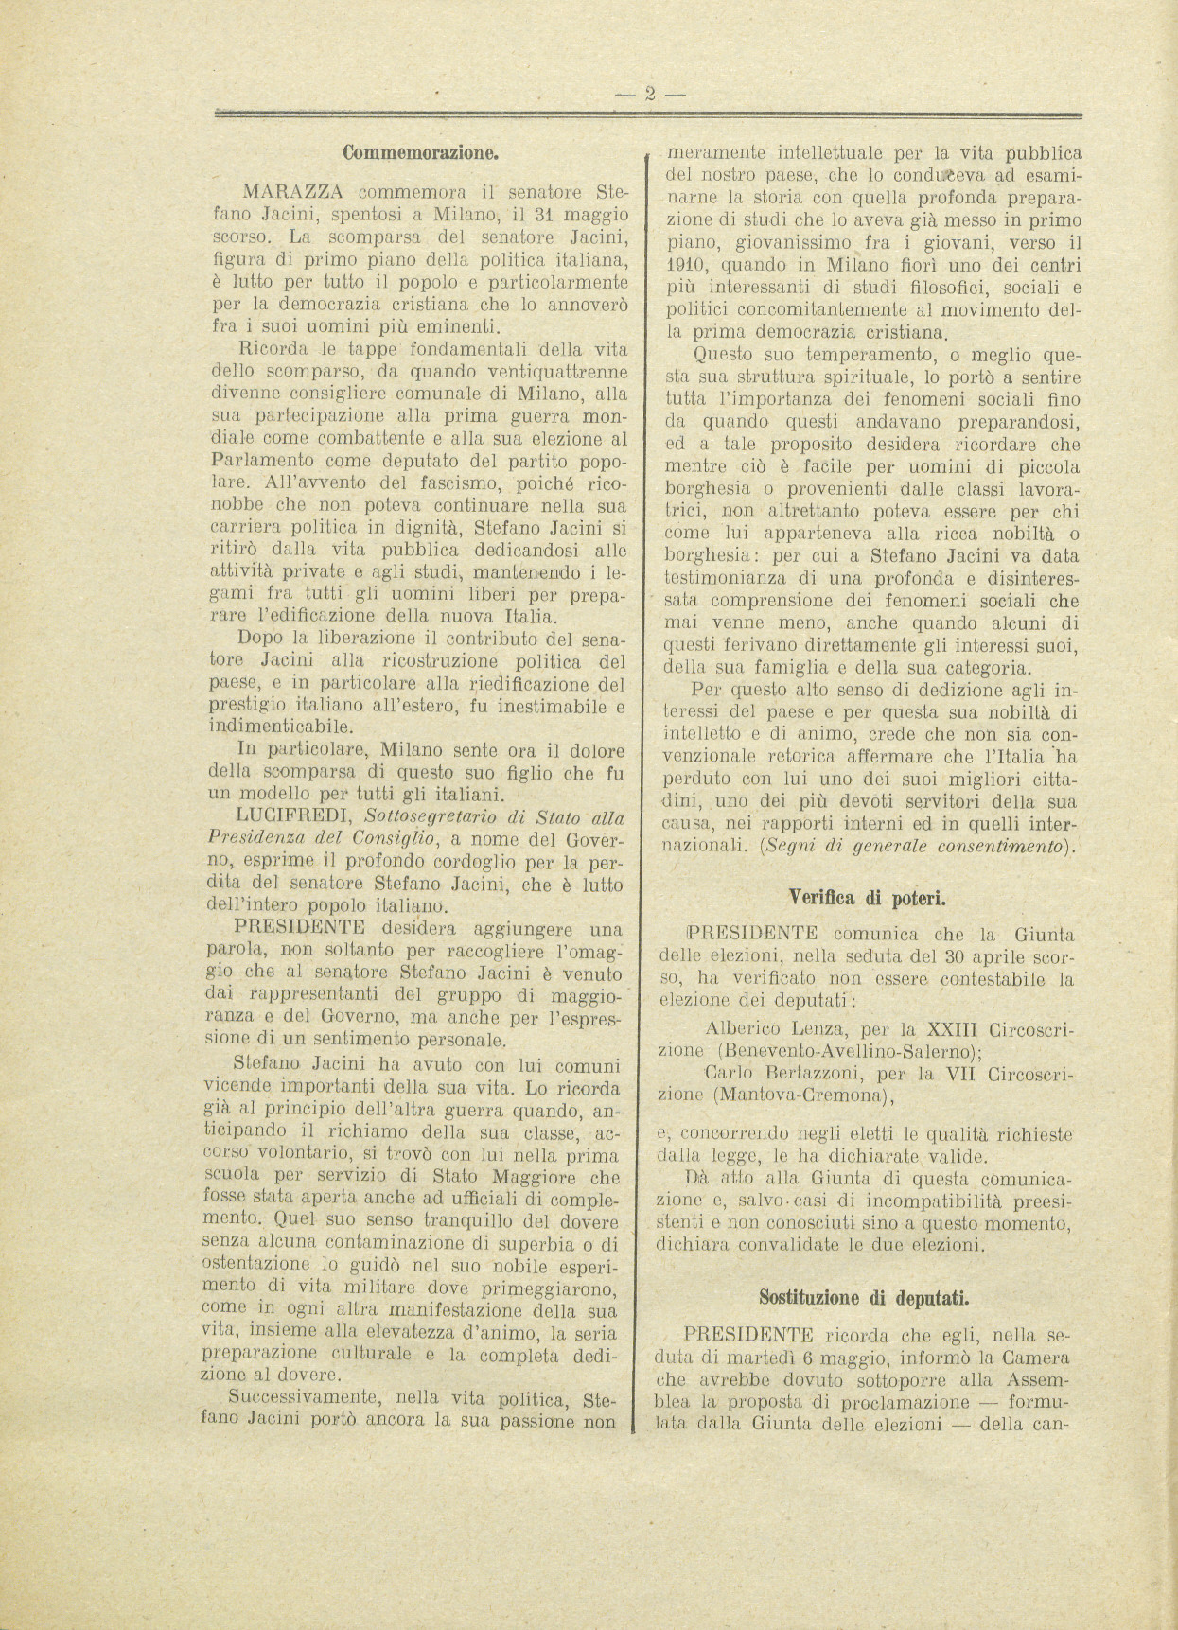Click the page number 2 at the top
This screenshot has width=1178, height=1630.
[x=650, y=93]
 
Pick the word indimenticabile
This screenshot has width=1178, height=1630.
[x=283, y=727]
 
